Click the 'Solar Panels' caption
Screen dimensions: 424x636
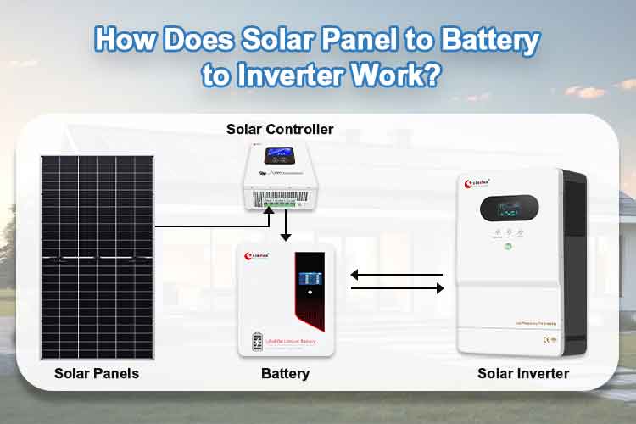coord(96,373)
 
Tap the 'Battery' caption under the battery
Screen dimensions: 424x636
coord(286,373)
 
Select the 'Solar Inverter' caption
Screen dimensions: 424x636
coord(523,373)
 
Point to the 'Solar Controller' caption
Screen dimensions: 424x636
coord(280,130)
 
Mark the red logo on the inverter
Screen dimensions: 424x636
coord(483,181)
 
